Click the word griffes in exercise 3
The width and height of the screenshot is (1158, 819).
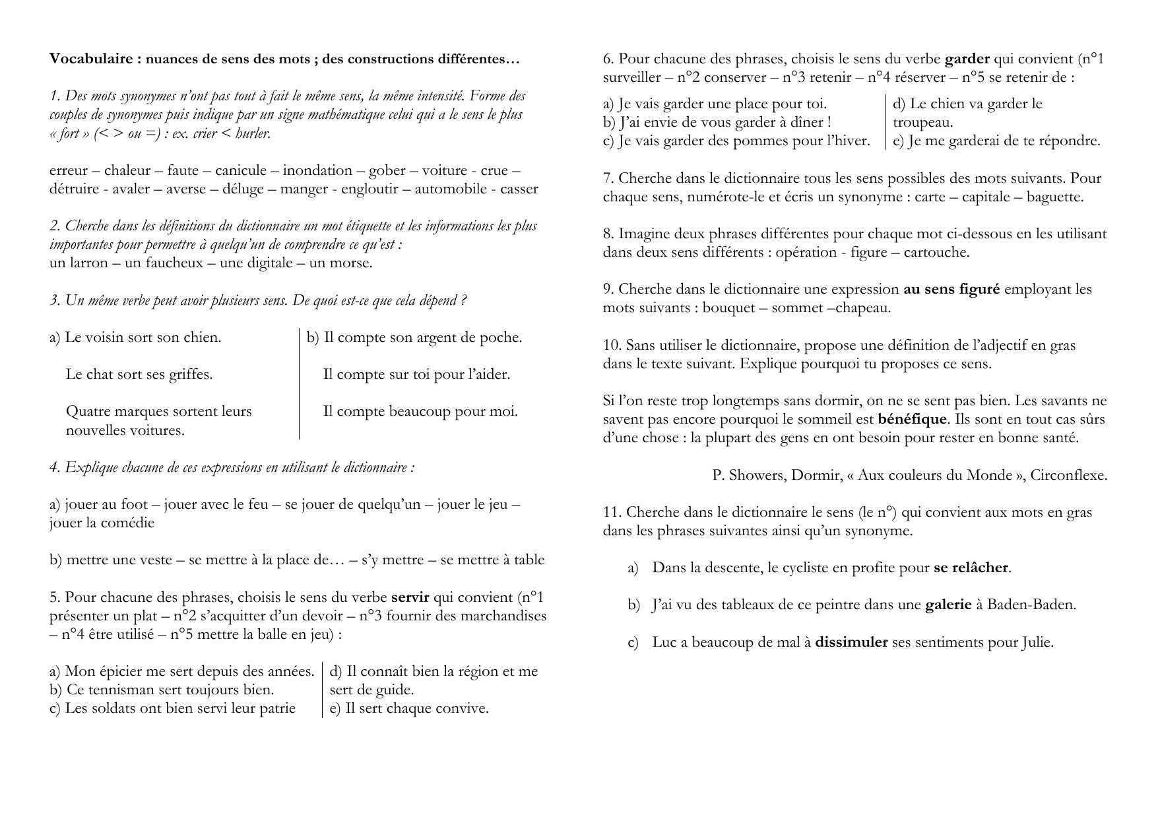(191, 374)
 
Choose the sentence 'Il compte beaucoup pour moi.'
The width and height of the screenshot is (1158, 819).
(420, 411)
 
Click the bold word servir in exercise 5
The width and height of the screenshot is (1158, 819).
(410, 597)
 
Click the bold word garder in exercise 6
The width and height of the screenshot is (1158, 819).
(967, 59)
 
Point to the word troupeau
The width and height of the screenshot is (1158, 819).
(922, 122)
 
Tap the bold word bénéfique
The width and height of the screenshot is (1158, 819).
(913, 419)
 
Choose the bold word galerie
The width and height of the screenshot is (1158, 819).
(948, 605)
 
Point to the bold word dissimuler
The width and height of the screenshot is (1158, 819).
(851, 642)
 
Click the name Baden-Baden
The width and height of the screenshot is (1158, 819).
(1031, 605)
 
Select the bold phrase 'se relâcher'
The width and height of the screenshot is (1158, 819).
(971, 568)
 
